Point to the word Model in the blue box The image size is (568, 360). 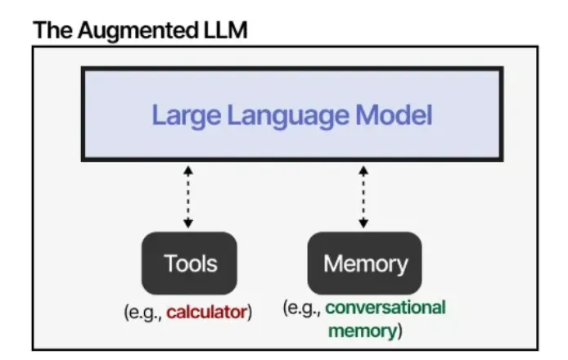[390, 115]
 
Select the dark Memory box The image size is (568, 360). [364, 263]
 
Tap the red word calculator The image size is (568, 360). [206, 311]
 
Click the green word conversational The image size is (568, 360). [385, 308]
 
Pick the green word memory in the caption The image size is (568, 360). [361, 331]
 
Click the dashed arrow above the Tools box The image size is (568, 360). [188, 196]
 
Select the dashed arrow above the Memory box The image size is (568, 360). [363, 196]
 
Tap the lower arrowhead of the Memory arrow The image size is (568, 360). [363, 223]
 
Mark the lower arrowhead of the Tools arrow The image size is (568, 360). [188, 223]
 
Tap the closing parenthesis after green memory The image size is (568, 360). [399, 331]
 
